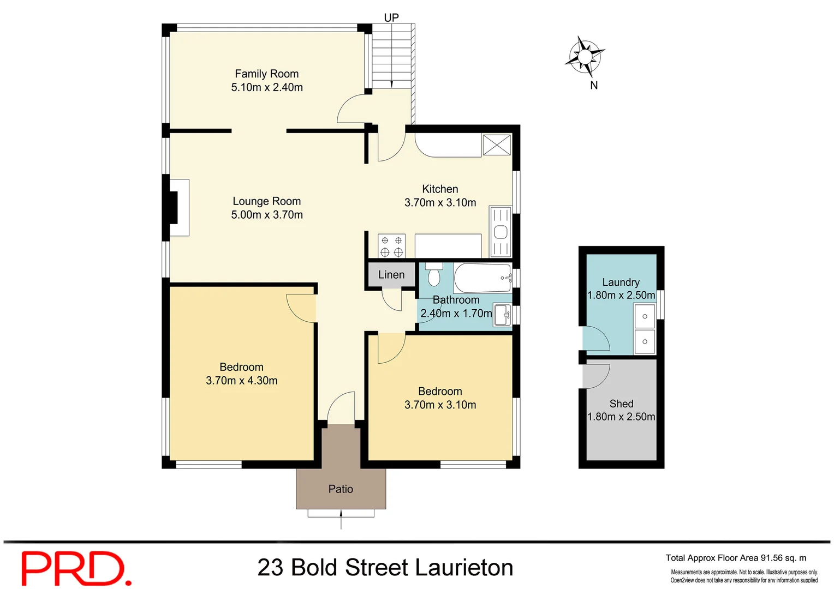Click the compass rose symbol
[585, 56]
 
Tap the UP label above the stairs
[391, 17]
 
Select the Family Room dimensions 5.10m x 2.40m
[267, 87]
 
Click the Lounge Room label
[266, 201]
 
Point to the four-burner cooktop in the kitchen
[391, 246]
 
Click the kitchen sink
[501, 232]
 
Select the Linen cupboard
[391, 275]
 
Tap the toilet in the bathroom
[434, 275]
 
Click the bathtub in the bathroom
[482, 278]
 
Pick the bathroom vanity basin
[502, 315]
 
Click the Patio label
[341, 489]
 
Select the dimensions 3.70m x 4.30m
[241, 381]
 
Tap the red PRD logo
[76, 568]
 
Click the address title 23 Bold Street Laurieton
[385, 568]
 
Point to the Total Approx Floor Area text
[735, 558]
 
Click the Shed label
[621, 404]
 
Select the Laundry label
[621, 282]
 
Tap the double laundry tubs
[645, 329]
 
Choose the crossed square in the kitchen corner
[496, 145]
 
